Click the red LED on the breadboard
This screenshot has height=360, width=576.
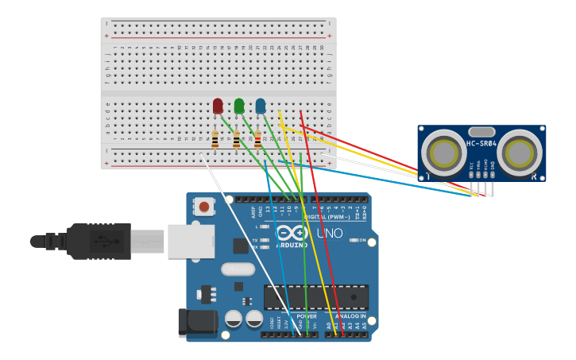218,106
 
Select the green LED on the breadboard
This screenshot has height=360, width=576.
239,106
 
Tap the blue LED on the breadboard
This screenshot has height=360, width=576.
261,106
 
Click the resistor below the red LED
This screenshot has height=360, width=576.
215,140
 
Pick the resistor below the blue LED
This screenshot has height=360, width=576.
257,140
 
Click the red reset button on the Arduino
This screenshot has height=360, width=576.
204,207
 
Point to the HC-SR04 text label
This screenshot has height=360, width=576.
481,143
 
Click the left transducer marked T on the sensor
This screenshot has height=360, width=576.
443,153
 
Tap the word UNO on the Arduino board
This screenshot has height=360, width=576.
330,234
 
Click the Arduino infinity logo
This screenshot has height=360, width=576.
292,233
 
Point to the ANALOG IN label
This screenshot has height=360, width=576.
351,316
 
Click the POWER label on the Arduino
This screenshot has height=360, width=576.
306,316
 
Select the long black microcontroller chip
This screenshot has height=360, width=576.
315,297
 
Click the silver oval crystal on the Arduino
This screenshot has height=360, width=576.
238,269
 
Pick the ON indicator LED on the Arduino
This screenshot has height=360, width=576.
352,240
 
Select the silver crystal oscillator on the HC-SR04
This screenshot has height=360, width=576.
481,132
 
